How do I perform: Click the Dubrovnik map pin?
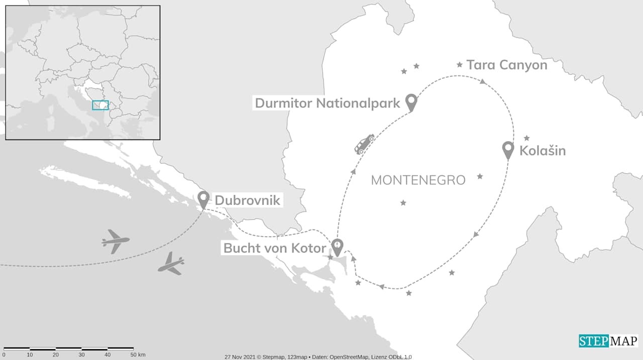pyautogui.click(x=203, y=199)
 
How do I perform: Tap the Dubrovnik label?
pyautogui.click(x=247, y=201)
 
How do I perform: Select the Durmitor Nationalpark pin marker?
pyautogui.click(x=411, y=102)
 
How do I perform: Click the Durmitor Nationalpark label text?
pyautogui.click(x=328, y=103)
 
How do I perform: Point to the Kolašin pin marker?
pyautogui.click(x=508, y=150)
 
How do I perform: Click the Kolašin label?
pyautogui.click(x=543, y=151)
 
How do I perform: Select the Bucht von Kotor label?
pyautogui.click(x=275, y=248)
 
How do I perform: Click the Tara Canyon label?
pyautogui.click(x=506, y=65)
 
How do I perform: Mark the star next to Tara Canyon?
pyautogui.click(x=459, y=64)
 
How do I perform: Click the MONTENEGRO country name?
pyautogui.click(x=418, y=180)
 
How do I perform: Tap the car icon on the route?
pyautogui.click(x=364, y=144)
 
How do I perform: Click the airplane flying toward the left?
pyautogui.click(x=115, y=241)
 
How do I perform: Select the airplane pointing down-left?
pyautogui.click(x=171, y=264)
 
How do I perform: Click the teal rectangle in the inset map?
pyautogui.click(x=100, y=105)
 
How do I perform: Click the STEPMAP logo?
pyautogui.click(x=608, y=341)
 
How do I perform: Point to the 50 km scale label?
pyautogui.click(x=138, y=355)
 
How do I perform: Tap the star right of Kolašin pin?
pyautogui.click(x=526, y=138)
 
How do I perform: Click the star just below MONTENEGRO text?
pyautogui.click(x=403, y=203)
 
